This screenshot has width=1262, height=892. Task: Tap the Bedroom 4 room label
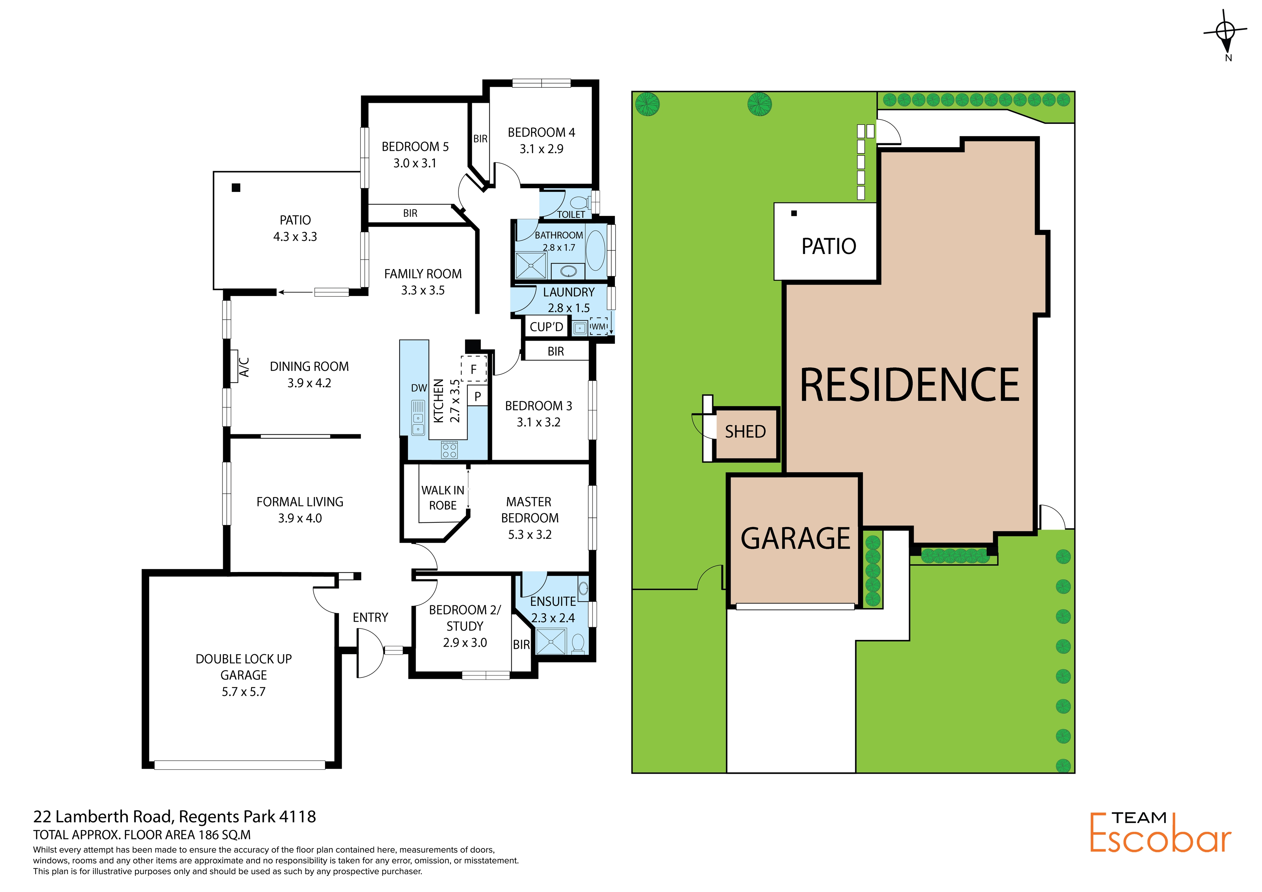pyautogui.click(x=541, y=132)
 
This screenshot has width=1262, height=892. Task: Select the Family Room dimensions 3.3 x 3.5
pyautogui.click(x=423, y=290)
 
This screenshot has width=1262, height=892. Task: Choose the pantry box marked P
pyautogui.click(x=478, y=396)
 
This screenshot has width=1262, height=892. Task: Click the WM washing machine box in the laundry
pyautogui.click(x=598, y=327)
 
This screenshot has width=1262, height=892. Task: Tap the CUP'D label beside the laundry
pyautogui.click(x=546, y=327)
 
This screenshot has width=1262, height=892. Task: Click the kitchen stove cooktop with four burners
pyautogui.click(x=450, y=450)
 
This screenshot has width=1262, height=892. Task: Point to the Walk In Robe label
pyautogui.click(x=443, y=497)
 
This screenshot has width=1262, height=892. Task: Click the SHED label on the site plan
pyautogui.click(x=745, y=432)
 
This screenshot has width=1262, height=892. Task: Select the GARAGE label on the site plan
pyautogui.click(x=795, y=538)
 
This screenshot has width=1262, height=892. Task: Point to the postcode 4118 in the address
pyautogui.click(x=297, y=817)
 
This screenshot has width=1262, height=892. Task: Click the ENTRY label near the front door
pyautogui.click(x=370, y=618)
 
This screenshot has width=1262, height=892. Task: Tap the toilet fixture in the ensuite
pyautogui.click(x=578, y=644)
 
